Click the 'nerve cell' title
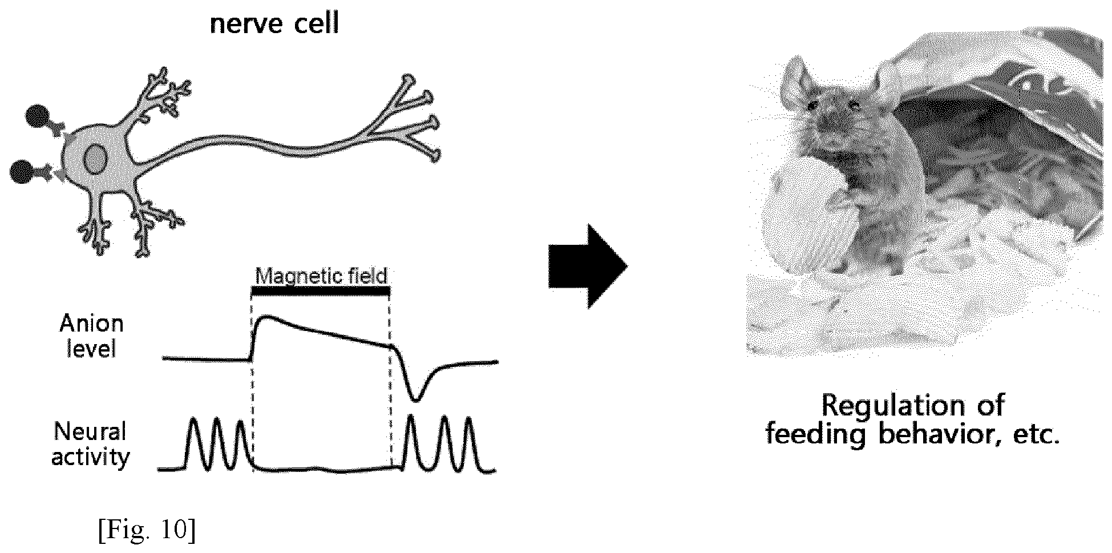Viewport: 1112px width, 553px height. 274,25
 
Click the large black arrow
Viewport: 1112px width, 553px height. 588,266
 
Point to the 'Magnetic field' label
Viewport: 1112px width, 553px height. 321,276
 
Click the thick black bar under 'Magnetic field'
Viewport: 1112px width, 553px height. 321,291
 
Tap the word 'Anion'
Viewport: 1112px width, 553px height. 91,324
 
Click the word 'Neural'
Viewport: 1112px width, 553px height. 90,431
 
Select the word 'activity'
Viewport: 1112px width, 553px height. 91,458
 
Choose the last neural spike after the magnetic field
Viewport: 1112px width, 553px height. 469,444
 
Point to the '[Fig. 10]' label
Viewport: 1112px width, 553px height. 147,530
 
